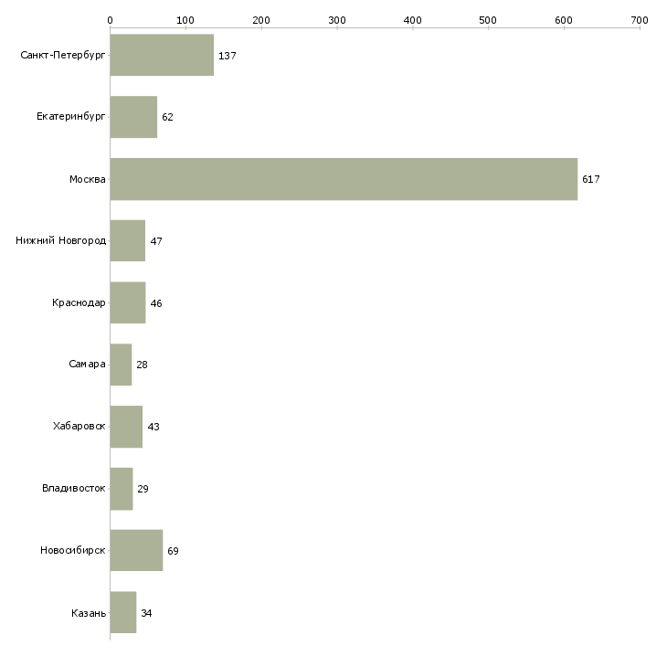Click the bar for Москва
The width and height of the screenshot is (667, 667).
(x=344, y=179)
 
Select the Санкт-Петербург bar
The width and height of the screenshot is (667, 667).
(x=162, y=55)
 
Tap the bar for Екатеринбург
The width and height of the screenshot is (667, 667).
(x=133, y=117)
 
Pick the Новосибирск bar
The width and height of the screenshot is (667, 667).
(x=136, y=550)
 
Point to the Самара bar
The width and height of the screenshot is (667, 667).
(x=121, y=365)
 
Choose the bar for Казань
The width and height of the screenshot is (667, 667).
(x=123, y=612)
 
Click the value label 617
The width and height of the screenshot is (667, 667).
(x=591, y=179)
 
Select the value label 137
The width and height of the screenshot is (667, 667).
(x=228, y=56)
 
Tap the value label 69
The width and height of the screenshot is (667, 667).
(x=173, y=551)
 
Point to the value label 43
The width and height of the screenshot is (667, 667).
(x=154, y=427)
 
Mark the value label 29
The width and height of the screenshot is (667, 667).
(x=143, y=489)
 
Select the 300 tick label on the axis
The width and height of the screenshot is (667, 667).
(x=337, y=20)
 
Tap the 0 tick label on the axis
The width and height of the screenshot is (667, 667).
(x=111, y=20)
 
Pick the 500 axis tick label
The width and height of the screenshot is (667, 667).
(x=488, y=20)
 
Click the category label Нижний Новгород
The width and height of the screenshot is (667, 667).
(x=61, y=241)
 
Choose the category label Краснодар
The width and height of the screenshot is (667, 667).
(x=79, y=302)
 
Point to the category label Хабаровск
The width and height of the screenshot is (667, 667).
(x=79, y=426)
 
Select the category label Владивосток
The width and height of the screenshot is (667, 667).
(x=74, y=488)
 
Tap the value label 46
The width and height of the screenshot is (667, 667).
(x=156, y=303)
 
